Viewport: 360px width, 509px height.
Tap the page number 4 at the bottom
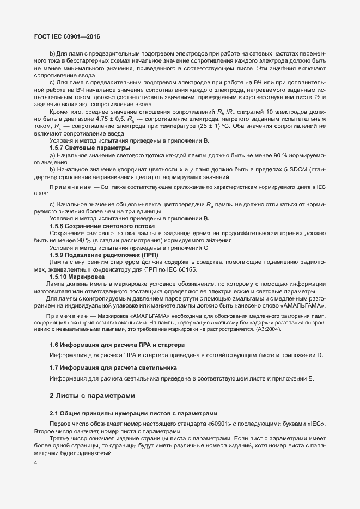click(36, 463)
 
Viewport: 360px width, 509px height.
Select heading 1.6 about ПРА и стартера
click(117, 345)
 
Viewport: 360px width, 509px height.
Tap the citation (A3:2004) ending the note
click(267, 329)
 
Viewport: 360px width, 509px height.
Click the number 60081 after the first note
click(42, 193)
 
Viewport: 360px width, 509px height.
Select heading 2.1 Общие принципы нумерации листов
click(133, 413)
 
